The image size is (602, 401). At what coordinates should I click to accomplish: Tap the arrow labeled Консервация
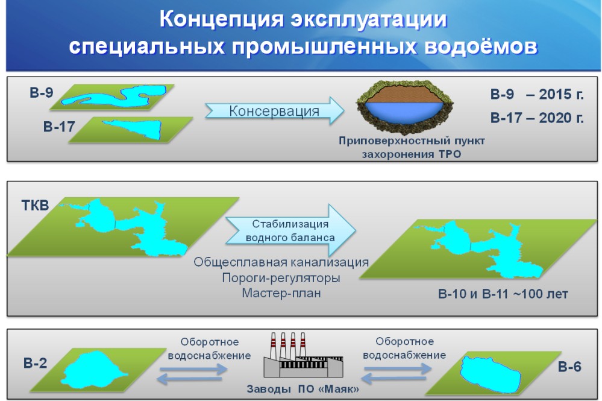pyautogui.click(x=275, y=110)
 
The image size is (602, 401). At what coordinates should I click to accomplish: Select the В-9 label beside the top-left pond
pyautogui.click(x=42, y=93)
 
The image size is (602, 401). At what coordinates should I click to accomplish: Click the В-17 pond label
pyautogui.click(x=58, y=127)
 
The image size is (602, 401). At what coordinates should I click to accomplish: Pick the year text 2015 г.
pyautogui.click(x=561, y=94)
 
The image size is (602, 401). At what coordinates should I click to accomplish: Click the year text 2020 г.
pyautogui.click(x=561, y=118)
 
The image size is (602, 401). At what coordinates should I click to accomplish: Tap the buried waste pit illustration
pyautogui.click(x=404, y=106)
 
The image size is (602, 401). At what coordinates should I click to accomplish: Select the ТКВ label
pyautogui.click(x=36, y=205)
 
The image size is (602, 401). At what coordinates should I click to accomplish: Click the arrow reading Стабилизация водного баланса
pyautogui.click(x=290, y=230)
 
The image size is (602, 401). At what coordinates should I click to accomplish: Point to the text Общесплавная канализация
pyautogui.click(x=281, y=262)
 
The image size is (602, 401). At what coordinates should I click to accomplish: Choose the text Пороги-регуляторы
pyautogui.click(x=281, y=278)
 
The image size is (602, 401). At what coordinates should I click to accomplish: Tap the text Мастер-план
pyautogui.click(x=281, y=293)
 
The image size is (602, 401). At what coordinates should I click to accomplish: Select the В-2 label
pyautogui.click(x=35, y=363)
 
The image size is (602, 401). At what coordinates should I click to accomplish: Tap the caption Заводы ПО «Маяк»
pyautogui.click(x=303, y=389)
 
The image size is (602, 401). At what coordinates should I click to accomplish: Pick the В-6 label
pyautogui.click(x=569, y=367)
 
